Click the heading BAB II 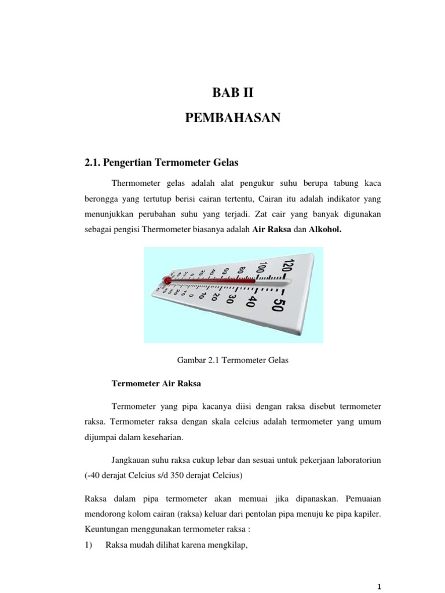232,92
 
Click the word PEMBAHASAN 232,118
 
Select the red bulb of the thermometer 168,280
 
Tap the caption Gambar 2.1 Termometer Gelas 232,360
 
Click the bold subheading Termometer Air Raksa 147,383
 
